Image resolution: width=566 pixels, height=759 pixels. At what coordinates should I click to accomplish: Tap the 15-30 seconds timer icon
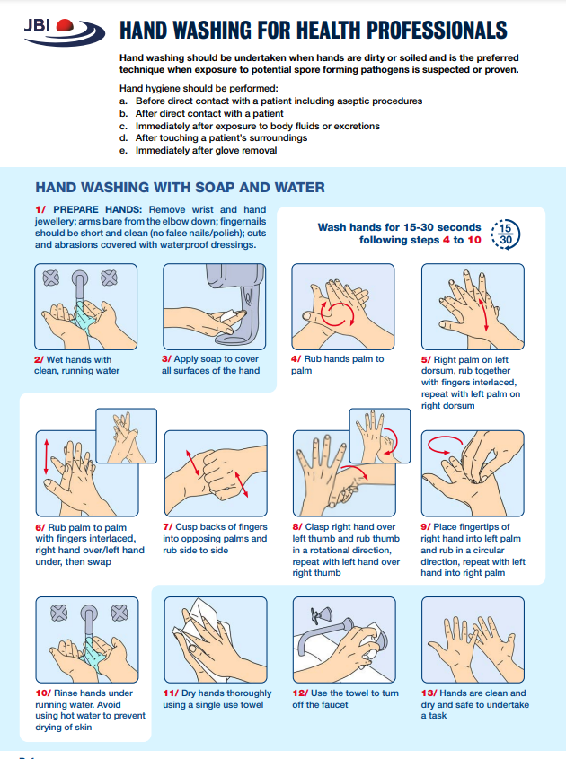pos(505,234)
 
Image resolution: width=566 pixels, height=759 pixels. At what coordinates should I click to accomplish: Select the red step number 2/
pos(39,359)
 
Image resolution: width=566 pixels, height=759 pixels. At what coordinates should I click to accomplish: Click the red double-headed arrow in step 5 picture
pos(483,314)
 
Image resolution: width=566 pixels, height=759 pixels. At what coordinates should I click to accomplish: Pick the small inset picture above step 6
pos(126,436)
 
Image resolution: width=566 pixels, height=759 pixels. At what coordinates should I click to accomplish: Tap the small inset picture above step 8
pos(380,436)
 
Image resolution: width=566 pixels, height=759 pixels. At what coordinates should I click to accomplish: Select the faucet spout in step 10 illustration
pos(89,621)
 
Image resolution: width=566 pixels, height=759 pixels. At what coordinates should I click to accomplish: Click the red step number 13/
pos(429,693)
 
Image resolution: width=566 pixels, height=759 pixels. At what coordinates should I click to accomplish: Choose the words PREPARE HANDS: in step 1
pos(97,209)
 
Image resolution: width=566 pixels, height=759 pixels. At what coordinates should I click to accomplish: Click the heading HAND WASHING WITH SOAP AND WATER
pos(180,188)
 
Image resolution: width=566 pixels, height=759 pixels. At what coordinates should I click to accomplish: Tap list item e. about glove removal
pos(199,151)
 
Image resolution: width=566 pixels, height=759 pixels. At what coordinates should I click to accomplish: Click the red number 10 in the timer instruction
pos(474,240)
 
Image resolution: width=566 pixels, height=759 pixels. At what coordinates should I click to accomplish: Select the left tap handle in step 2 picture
pos(51,278)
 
